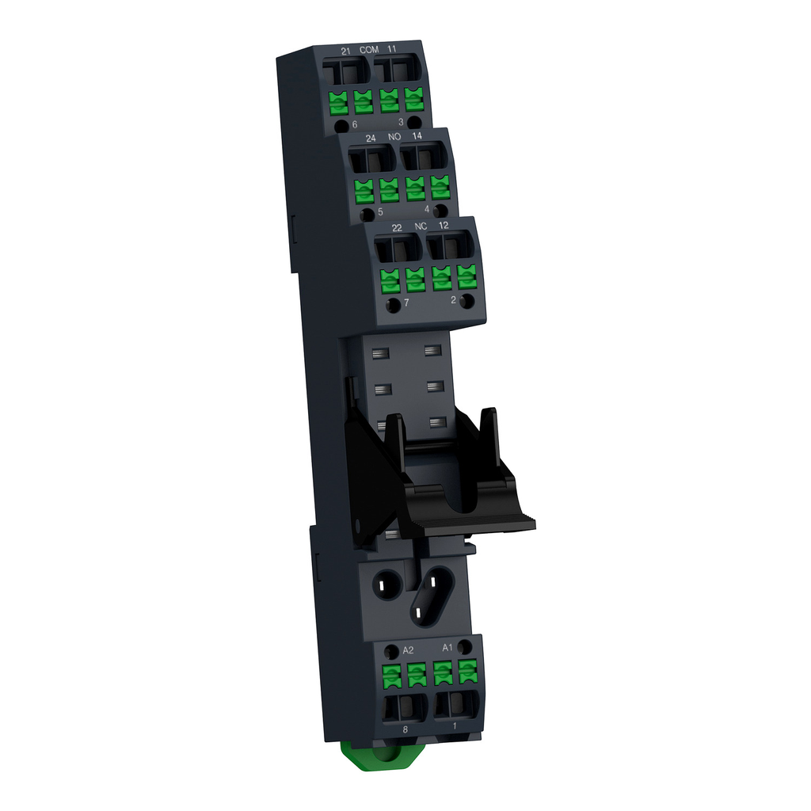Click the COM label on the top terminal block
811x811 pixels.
pos(369,50)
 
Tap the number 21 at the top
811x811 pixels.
pos(345,51)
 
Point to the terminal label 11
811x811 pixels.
pos(393,50)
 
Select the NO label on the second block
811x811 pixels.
pos(394,138)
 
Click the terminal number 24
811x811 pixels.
pos(371,139)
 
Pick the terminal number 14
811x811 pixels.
pos(417,137)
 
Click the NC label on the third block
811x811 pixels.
pos(421,227)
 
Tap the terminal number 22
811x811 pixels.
pos(397,228)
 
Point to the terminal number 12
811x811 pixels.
pos(446,227)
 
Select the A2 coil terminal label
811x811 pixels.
pos(409,650)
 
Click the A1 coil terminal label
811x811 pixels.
pos(447,647)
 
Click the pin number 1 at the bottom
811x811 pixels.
pos(454,725)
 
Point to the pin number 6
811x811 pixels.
pos(355,125)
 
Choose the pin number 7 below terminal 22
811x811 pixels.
pos(406,303)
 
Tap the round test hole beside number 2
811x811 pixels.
pos(467,301)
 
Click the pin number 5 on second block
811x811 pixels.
pos(381,212)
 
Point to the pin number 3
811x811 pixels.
pos(402,122)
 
